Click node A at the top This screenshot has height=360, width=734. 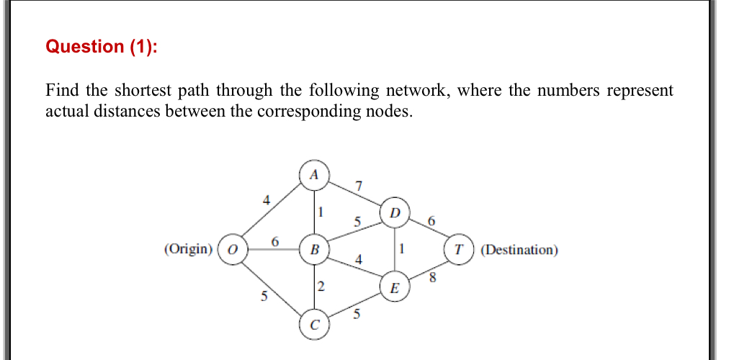click(313, 175)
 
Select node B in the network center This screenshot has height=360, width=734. click(313, 250)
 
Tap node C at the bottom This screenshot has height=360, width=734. click(313, 325)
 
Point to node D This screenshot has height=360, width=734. click(394, 212)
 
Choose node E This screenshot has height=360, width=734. click(393, 288)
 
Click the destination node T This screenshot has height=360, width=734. click(459, 250)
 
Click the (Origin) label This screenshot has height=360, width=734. click(189, 250)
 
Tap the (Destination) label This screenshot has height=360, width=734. click(519, 250)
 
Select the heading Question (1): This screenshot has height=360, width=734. click(101, 47)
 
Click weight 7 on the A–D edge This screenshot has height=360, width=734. click(358, 188)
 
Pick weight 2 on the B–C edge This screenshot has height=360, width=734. click(321, 287)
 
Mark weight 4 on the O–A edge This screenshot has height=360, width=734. click(266, 202)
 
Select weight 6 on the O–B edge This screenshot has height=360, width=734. click(274, 242)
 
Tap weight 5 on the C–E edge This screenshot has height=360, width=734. click(356, 313)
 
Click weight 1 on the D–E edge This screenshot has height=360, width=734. click(402, 249)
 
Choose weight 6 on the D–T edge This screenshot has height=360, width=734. click(431, 222)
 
